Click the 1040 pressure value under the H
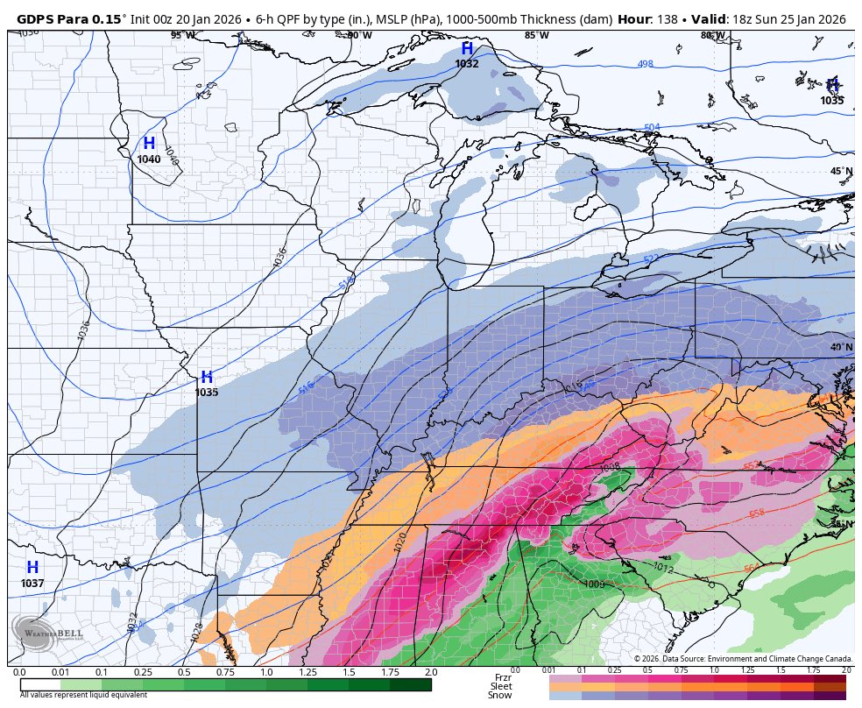[149, 159]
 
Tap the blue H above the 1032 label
[467, 49]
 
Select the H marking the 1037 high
[32, 568]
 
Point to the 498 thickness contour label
[646, 64]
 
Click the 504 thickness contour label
[652, 128]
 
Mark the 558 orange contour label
[757, 513]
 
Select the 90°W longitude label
[358, 35]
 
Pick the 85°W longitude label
[536, 35]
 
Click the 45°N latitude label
[841, 171]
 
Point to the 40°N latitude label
[841, 347]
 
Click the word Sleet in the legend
[501, 686]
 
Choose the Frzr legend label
[503, 677]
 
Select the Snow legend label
[500, 696]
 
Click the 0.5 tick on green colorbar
[184, 672]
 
